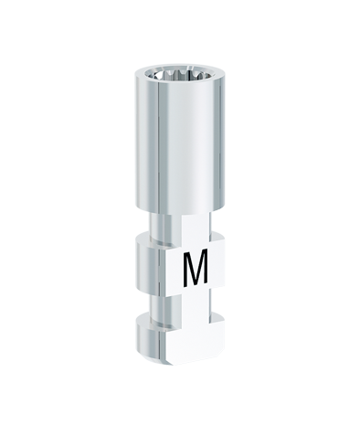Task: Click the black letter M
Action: point(196,268)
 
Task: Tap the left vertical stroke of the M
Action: point(185,268)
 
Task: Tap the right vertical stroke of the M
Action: point(206,268)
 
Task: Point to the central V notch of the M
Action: point(196,276)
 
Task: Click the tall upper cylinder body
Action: point(180,143)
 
